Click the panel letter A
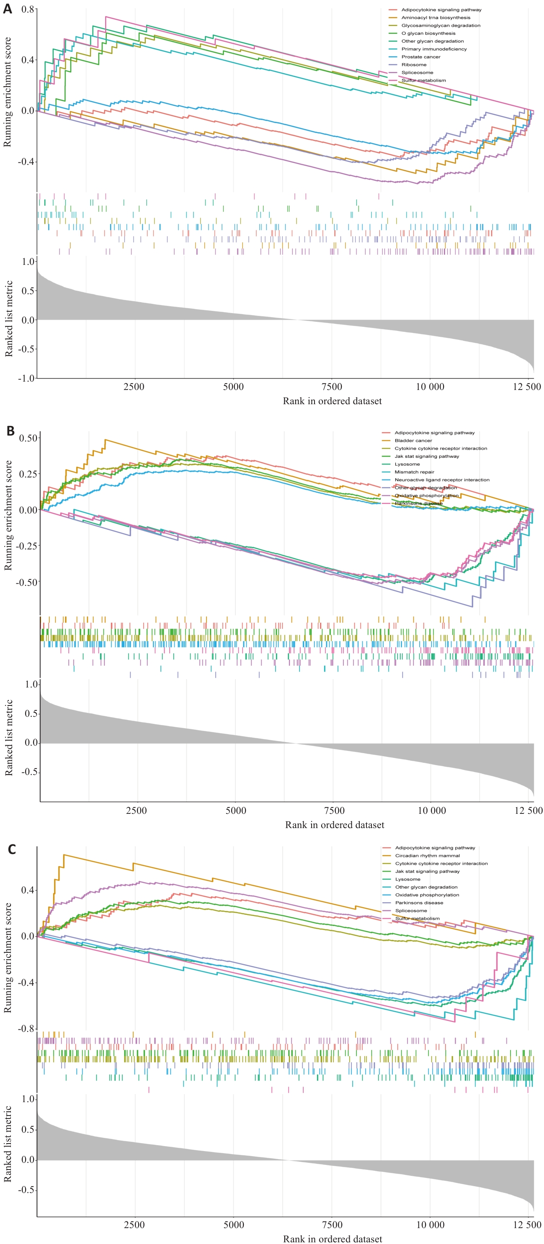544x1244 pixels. click(x=7, y=9)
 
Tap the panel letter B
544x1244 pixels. click(x=10, y=431)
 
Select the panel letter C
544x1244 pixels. click(x=12, y=849)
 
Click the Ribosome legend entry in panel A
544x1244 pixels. click(x=414, y=65)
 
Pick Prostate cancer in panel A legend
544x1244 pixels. click(x=420, y=57)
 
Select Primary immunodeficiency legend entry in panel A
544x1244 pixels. click(x=433, y=49)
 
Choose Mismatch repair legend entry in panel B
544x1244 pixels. click(x=414, y=472)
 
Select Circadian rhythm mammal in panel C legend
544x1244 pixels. click(x=427, y=855)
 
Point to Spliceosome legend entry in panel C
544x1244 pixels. click(x=411, y=911)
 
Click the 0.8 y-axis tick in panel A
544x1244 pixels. click(x=28, y=10)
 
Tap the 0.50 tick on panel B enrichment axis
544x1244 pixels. click(x=28, y=438)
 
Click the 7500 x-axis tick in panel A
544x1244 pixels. click(x=332, y=387)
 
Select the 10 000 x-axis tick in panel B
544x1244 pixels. click(x=431, y=811)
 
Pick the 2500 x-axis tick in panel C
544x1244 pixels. click(x=134, y=1225)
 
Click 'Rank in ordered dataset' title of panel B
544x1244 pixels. click(x=334, y=825)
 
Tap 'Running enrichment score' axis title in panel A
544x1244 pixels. click(x=7, y=92)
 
